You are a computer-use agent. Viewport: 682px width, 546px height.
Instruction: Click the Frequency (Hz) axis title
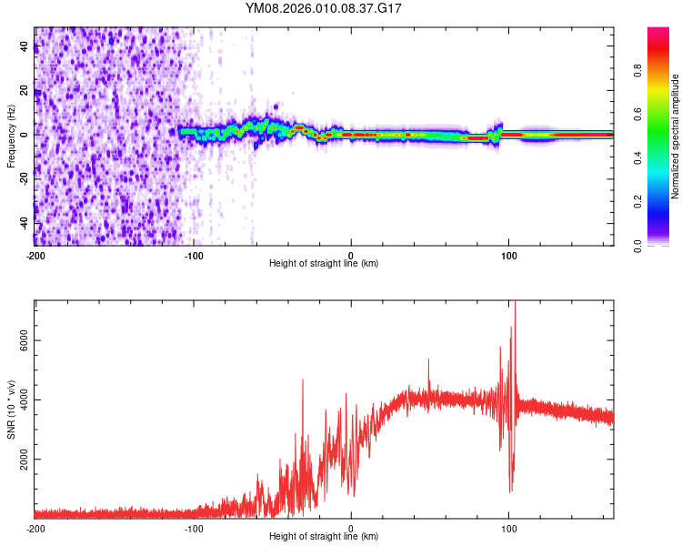pyautogui.click(x=11, y=136)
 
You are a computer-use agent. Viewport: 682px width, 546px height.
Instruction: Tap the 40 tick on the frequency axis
pyautogui.click(x=26, y=48)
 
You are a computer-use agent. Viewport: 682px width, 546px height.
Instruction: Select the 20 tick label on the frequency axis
pyautogui.click(x=26, y=91)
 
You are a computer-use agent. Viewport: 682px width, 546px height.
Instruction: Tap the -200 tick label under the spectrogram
pyautogui.click(x=35, y=254)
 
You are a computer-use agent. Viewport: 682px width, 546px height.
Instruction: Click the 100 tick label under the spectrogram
pyautogui.click(x=509, y=254)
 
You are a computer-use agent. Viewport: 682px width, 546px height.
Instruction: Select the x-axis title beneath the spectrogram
pyautogui.click(x=325, y=264)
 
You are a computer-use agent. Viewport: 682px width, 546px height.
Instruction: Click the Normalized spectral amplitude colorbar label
pyautogui.click(x=676, y=136)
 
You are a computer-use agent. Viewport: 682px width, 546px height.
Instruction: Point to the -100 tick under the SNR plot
pyautogui.click(x=193, y=527)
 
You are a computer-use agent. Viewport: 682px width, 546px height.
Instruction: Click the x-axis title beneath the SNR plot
pyautogui.click(x=325, y=537)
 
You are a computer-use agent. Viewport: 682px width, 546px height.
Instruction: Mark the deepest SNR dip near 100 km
pyautogui.click(x=510, y=491)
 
